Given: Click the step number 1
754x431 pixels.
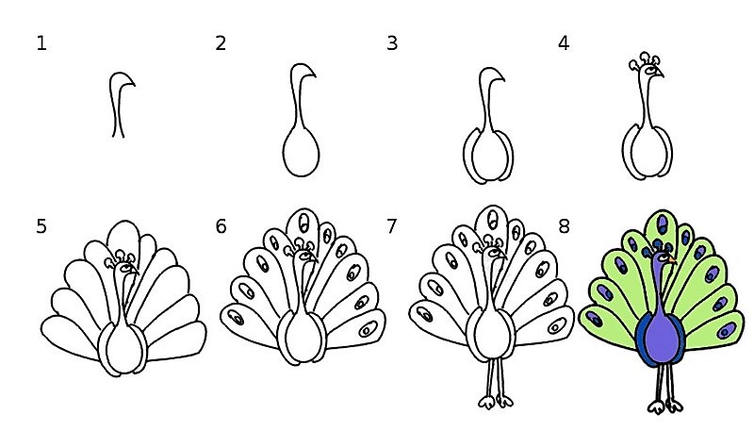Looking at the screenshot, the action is click(41, 43).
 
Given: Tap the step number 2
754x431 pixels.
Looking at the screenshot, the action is click(221, 43).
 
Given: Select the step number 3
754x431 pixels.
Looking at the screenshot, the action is click(392, 43).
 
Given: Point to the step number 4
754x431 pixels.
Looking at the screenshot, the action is click(564, 43).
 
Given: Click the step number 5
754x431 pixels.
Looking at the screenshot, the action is click(41, 226).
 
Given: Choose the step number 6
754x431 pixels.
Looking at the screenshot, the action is click(221, 226).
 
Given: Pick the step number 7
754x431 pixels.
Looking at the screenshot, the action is click(392, 226).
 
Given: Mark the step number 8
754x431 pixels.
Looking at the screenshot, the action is click(564, 226).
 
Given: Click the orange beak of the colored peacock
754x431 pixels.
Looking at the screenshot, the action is click(672, 260).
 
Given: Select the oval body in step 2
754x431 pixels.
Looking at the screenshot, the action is click(301, 152).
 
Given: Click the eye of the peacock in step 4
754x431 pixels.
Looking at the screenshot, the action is click(651, 71).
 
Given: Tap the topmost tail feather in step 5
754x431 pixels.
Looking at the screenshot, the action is click(124, 236).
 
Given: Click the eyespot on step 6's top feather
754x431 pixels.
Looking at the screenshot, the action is click(303, 223).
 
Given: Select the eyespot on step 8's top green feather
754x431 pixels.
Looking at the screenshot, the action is click(663, 224).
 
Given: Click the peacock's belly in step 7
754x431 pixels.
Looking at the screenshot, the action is click(490, 333).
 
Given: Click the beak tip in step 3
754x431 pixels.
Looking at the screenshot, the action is click(504, 80).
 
